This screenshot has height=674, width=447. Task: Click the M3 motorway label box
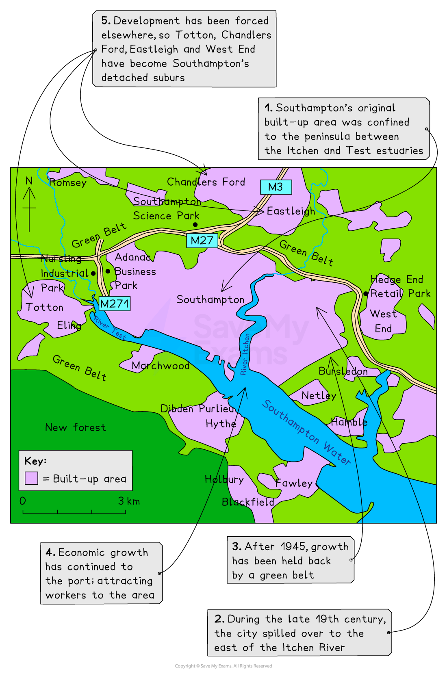276,187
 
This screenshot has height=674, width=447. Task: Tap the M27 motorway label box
202,241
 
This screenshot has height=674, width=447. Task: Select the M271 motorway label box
115,303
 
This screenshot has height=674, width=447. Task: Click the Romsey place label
67,182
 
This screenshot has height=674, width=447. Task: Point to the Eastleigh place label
291,211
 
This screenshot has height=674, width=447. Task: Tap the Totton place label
45,307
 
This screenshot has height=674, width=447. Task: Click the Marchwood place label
161,366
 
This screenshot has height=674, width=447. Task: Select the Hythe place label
221,424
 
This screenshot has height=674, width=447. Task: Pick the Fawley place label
294,483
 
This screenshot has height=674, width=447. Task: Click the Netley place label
319,395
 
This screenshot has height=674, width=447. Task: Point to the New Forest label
76,427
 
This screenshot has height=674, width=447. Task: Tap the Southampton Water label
306,432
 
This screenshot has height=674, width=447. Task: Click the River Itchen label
245,354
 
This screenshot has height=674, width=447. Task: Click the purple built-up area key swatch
31,478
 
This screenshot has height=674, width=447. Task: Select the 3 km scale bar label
129,501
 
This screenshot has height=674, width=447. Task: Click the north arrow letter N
29,181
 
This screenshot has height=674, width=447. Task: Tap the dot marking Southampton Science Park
195,225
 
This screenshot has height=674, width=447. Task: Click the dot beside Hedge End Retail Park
366,293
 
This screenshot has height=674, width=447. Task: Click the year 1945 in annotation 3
294,547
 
